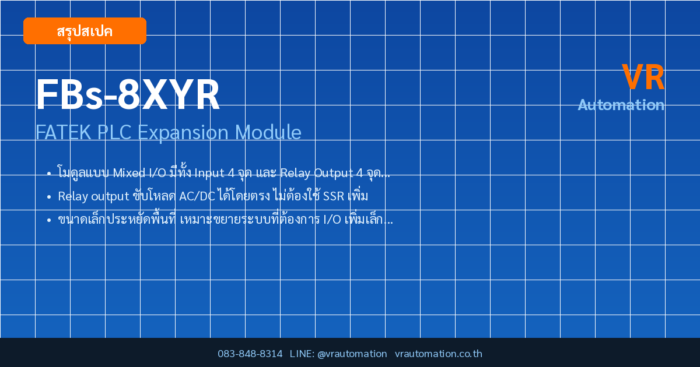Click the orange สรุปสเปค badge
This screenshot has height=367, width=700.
point(85,31)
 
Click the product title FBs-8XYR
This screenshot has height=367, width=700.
point(128,94)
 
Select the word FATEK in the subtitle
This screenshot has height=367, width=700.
point(63,132)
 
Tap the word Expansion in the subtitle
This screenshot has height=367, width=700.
point(183,133)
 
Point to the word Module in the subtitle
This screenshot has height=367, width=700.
point(268,132)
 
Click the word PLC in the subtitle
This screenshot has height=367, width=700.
point(114,132)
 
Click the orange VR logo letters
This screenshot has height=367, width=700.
point(643,77)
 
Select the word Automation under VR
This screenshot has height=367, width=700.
point(621,105)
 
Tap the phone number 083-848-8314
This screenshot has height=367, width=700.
point(250,354)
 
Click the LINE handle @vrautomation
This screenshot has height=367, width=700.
point(352,354)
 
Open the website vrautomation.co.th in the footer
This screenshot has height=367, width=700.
point(439,354)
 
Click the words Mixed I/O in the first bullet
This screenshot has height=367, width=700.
point(139,172)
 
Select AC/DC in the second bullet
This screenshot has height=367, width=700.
point(197,196)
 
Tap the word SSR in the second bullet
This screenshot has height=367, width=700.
point(334,196)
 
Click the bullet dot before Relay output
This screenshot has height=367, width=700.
point(49,197)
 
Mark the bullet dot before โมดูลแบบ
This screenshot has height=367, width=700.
point(49,173)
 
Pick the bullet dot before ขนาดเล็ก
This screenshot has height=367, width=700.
point(49,220)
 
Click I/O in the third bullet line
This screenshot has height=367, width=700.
point(332,220)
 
